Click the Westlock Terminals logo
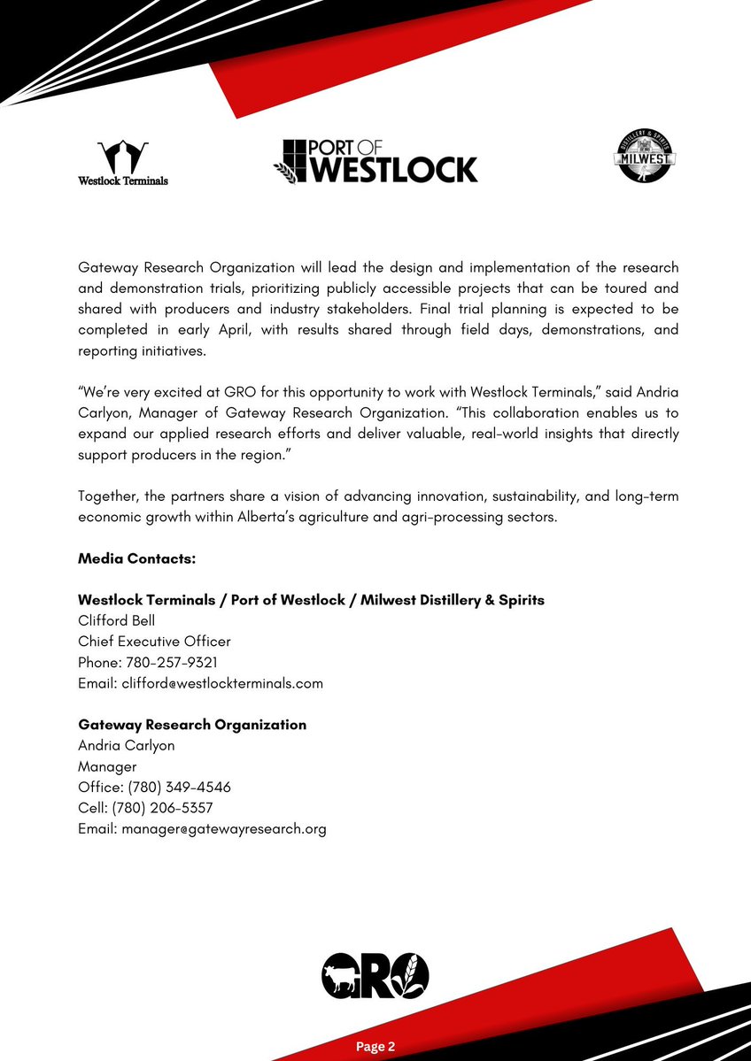coord(122,163)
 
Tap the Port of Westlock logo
coord(375,160)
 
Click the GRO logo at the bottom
coord(375,976)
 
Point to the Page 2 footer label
coord(375,1047)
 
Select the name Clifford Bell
coord(116,620)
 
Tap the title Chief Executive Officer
coord(154,642)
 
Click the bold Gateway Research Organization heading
coord(192,725)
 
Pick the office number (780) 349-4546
coord(180,787)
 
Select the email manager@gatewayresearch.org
coord(224,829)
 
